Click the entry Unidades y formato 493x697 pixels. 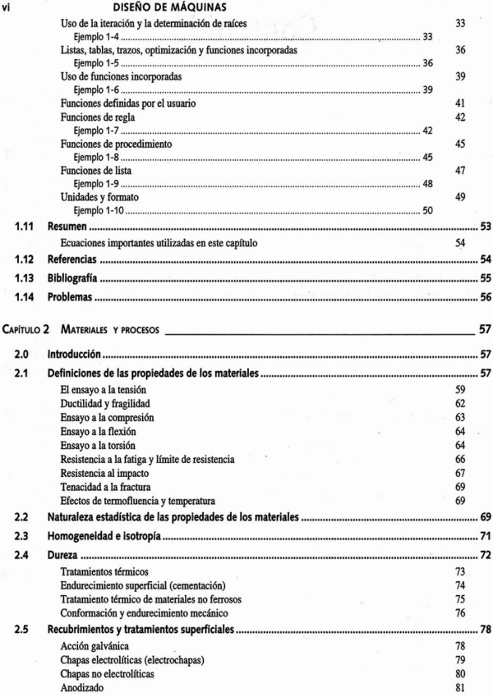(100, 197)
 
